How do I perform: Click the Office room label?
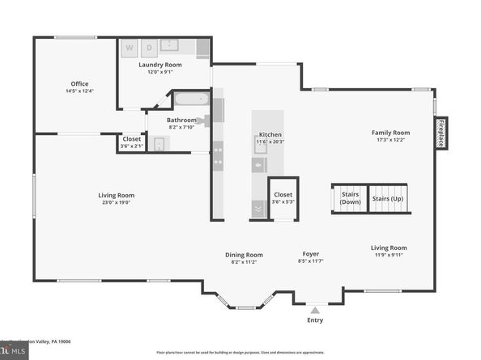click(x=79, y=84)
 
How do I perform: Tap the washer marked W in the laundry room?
click(x=129, y=49)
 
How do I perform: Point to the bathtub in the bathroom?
click(x=193, y=101)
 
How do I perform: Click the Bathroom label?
click(x=181, y=120)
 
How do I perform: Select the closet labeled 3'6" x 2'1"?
click(x=131, y=142)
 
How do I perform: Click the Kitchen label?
click(x=270, y=135)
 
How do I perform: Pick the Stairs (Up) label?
click(x=387, y=198)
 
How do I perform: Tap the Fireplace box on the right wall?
click(x=441, y=133)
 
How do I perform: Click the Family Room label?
click(x=390, y=133)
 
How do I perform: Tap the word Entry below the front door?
click(x=315, y=320)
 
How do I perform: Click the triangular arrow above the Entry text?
click(x=315, y=309)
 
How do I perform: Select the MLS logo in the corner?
click(x=12, y=353)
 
